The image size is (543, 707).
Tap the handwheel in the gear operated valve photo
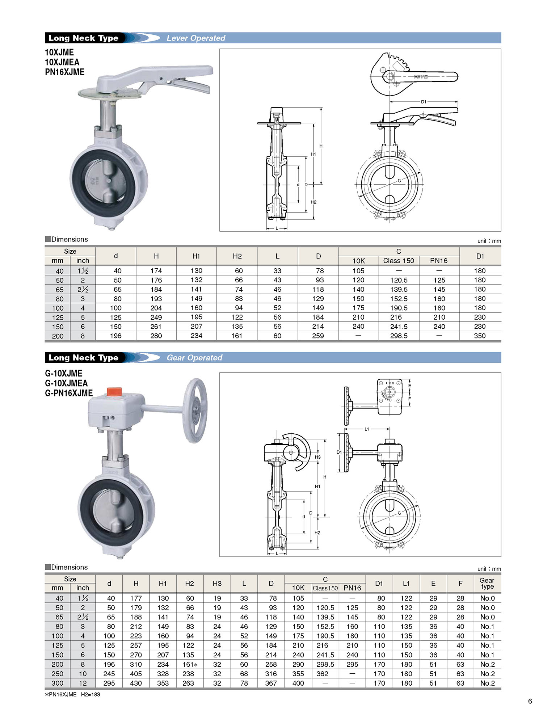[x=195, y=411]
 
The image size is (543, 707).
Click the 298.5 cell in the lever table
[x=399, y=336]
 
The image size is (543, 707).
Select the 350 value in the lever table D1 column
[x=480, y=336]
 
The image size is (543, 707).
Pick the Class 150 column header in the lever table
[x=399, y=261]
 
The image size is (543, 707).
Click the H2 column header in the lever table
[x=237, y=256]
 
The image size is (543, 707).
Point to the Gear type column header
[x=487, y=583]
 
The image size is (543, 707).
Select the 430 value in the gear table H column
[x=136, y=683]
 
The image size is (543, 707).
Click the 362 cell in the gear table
[x=322, y=674]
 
